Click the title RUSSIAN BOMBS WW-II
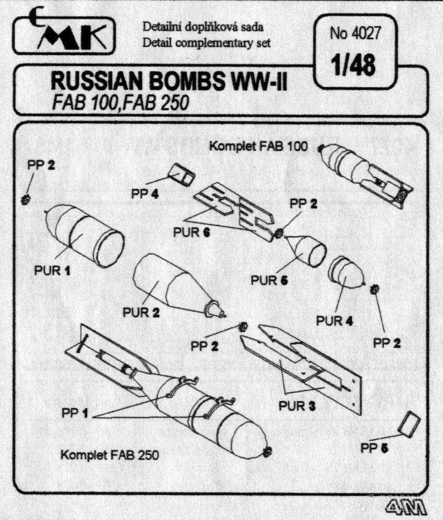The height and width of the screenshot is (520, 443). pyautogui.click(x=168, y=84)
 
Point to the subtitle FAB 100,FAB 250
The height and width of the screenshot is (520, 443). pyautogui.click(x=119, y=103)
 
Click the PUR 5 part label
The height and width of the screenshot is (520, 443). pyautogui.click(x=268, y=280)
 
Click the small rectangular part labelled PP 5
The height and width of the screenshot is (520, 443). pyautogui.click(x=407, y=423)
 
